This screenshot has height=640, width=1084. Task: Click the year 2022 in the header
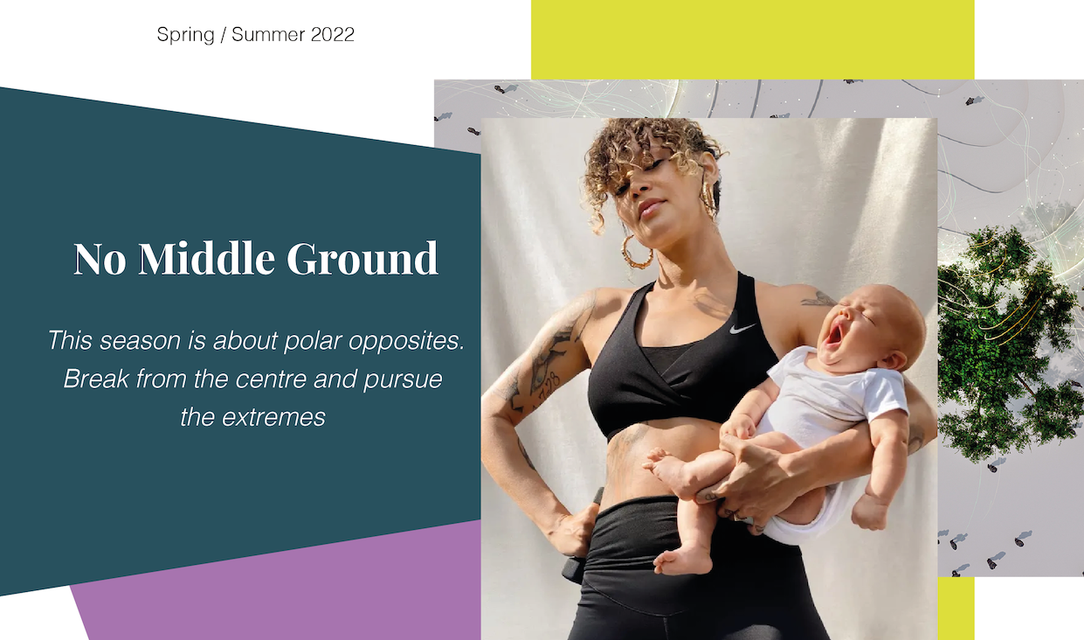point(333,34)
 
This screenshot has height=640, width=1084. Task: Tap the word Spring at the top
point(185,35)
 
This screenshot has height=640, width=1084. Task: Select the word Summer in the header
point(268,34)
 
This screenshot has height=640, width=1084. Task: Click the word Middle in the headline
point(207,258)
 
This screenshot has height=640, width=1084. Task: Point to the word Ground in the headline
point(362,258)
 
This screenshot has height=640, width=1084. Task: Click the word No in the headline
point(100,259)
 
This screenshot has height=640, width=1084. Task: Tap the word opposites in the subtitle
point(406,342)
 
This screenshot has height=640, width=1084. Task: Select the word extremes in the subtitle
point(274,418)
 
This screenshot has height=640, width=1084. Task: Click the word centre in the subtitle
point(271,379)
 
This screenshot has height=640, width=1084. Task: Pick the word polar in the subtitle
point(313,342)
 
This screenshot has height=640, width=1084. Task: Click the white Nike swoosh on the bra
point(742,329)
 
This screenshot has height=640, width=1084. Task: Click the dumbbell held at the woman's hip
point(579,547)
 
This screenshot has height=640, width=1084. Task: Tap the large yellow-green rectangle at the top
point(752,39)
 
